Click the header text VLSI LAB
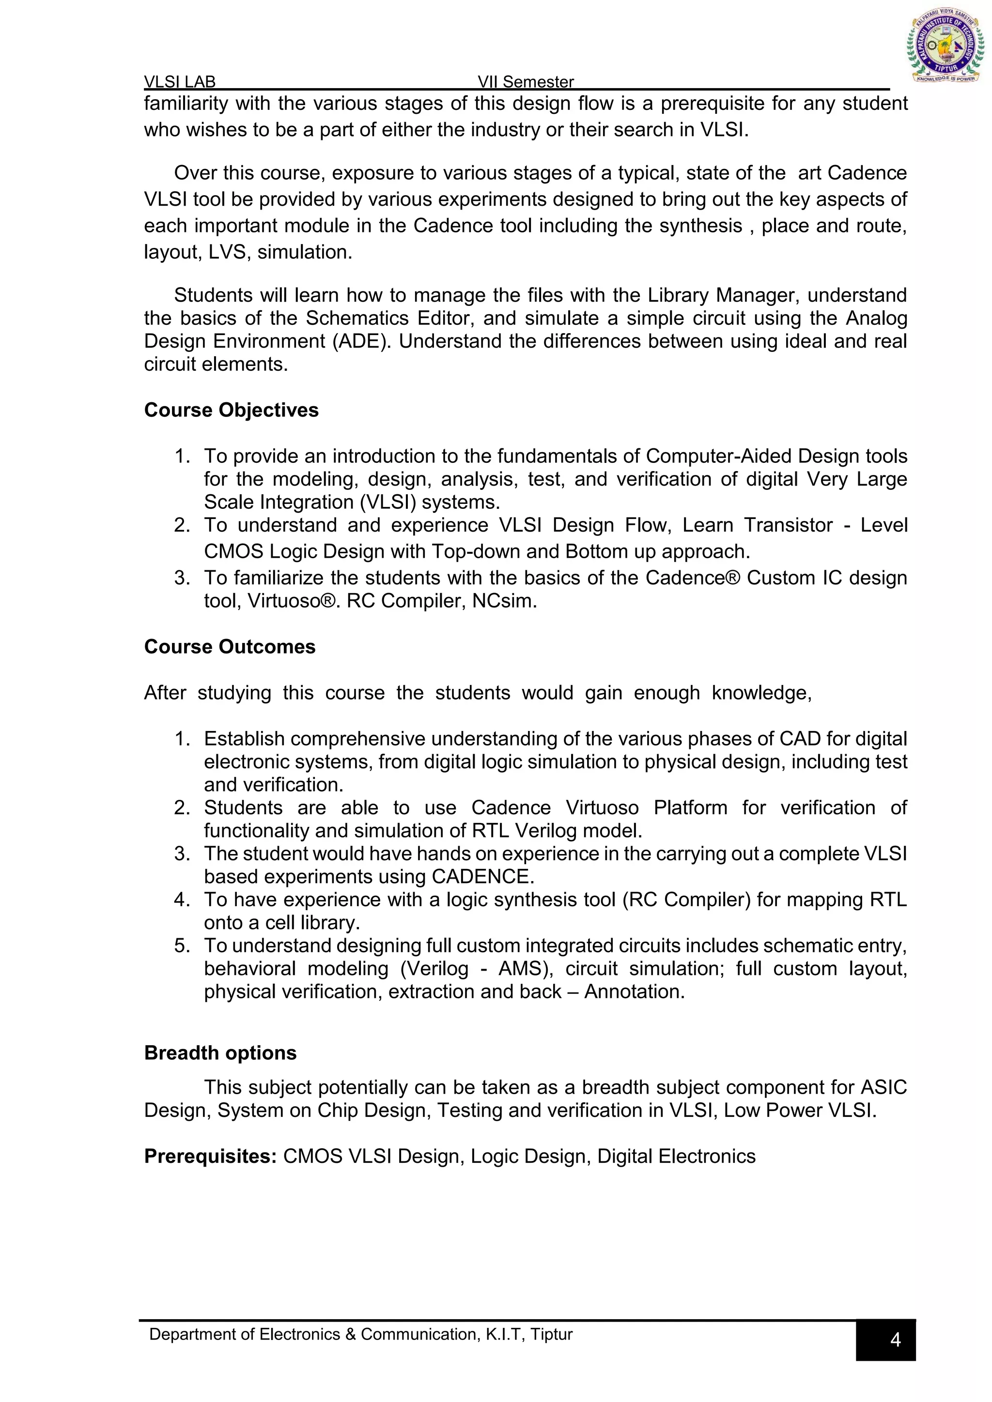[180, 82]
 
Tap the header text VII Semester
[526, 82]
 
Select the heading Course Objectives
[231, 410]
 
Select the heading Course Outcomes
[230, 647]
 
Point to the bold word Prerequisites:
[211, 1156]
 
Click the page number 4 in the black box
[895, 1340]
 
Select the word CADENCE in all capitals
[482, 876]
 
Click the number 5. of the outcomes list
[182, 946]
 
